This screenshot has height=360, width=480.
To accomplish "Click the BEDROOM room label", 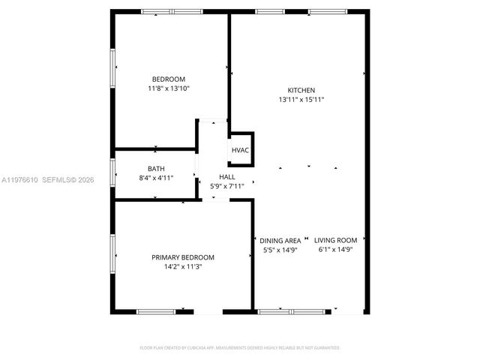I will click(x=168, y=79).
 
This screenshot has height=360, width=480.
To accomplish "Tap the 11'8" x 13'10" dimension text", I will click(x=168, y=88).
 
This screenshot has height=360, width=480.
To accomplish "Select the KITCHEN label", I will click(x=301, y=90).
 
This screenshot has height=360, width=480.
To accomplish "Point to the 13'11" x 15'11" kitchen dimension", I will click(x=301, y=100).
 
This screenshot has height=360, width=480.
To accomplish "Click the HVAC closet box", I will click(x=240, y=150).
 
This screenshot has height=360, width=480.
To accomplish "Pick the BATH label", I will click(x=156, y=169).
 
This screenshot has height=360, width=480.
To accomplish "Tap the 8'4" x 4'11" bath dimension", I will click(x=156, y=178).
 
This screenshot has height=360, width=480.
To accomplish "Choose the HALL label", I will click(x=226, y=176).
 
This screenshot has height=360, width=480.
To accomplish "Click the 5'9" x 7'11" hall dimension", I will click(x=226, y=185).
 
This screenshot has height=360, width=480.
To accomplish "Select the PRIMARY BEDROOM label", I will click(x=182, y=256).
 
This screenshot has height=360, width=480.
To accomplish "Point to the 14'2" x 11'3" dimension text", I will click(x=182, y=266).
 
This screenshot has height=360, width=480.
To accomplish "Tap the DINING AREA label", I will click(x=280, y=241).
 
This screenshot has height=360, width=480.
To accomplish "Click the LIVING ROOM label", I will click(x=335, y=241).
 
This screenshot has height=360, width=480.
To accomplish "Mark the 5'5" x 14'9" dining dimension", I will click(x=280, y=250).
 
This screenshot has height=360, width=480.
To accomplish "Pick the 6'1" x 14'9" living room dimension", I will click(x=335, y=250).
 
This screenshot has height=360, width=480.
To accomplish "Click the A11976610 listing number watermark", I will click(x=19, y=180).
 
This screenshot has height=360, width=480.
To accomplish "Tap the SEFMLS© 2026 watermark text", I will click(x=67, y=180).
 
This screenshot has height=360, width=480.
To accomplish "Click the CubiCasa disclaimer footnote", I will click(x=240, y=348).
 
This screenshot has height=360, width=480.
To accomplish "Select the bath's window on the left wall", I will click(x=112, y=172).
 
